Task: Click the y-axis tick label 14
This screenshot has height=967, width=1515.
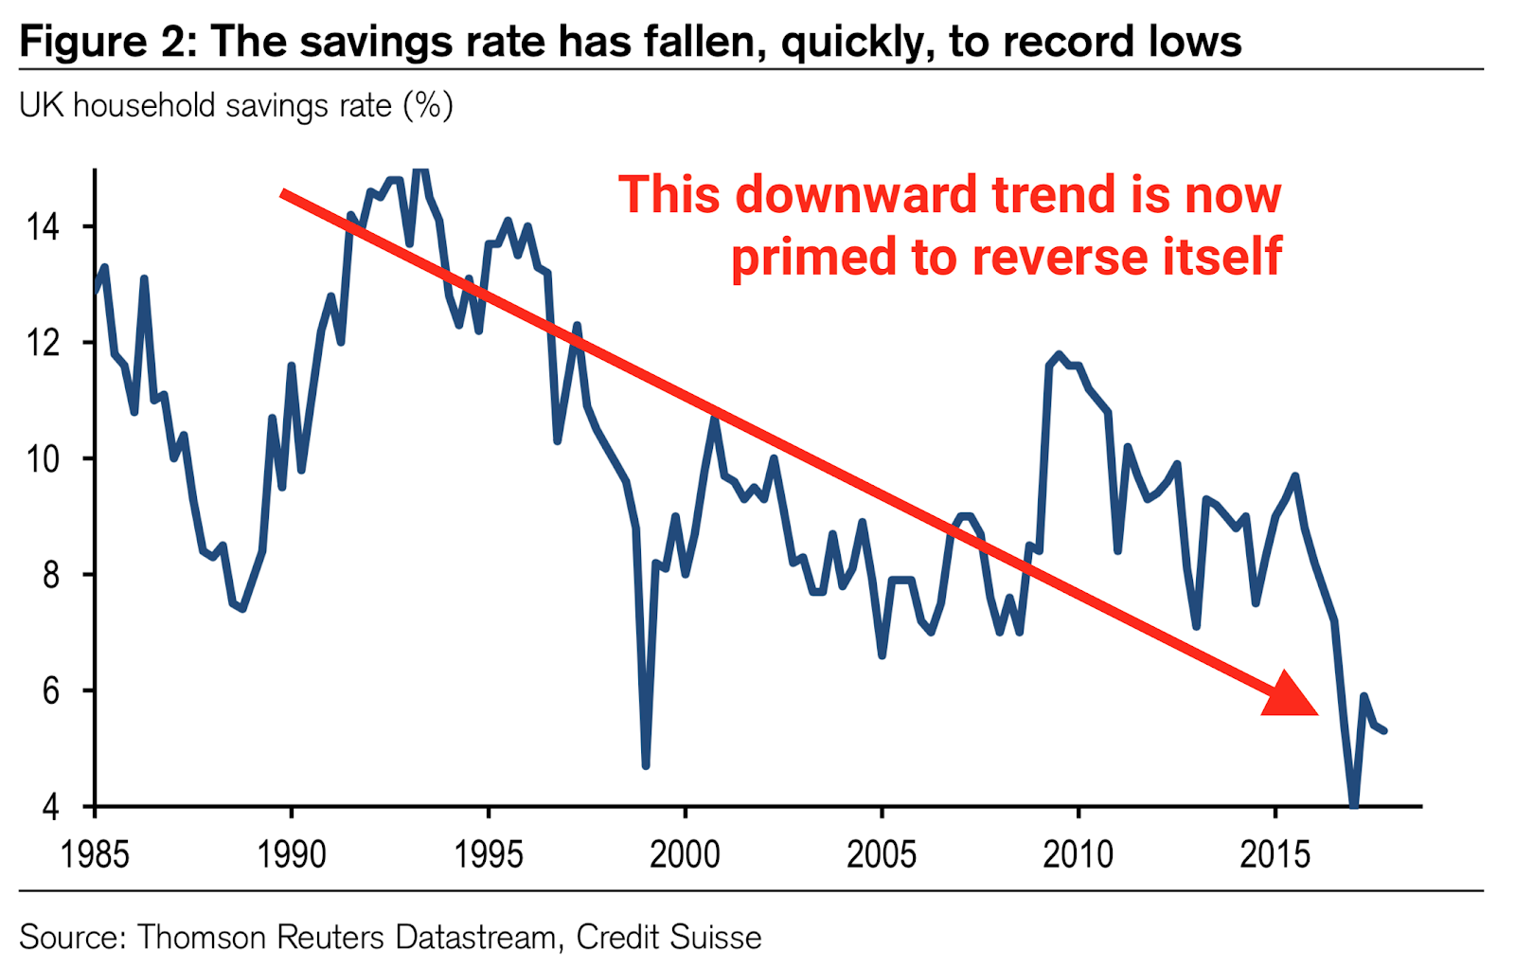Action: [43, 227]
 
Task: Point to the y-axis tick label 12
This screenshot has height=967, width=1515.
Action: [43, 343]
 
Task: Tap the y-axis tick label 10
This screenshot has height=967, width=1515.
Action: [43, 459]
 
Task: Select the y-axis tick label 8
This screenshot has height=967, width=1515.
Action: [49, 575]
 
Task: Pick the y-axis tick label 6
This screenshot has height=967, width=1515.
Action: [49, 691]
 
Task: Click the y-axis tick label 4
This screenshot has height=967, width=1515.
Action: [49, 807]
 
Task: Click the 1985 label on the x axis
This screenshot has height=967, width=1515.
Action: [95, 854]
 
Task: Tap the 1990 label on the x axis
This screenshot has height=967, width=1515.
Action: [292, 854]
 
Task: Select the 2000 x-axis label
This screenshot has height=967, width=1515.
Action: [685, 854]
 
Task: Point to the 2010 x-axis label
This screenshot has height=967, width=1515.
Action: [1078, 854]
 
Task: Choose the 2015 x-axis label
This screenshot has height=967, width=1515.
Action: [1275, 854]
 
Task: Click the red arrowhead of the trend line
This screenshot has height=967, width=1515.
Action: [1290, 696]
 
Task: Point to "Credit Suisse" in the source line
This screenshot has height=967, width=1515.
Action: [668, 937]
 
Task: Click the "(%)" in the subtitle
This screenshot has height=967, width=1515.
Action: [428, 105]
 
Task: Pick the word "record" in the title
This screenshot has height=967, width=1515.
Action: [1072, 42]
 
